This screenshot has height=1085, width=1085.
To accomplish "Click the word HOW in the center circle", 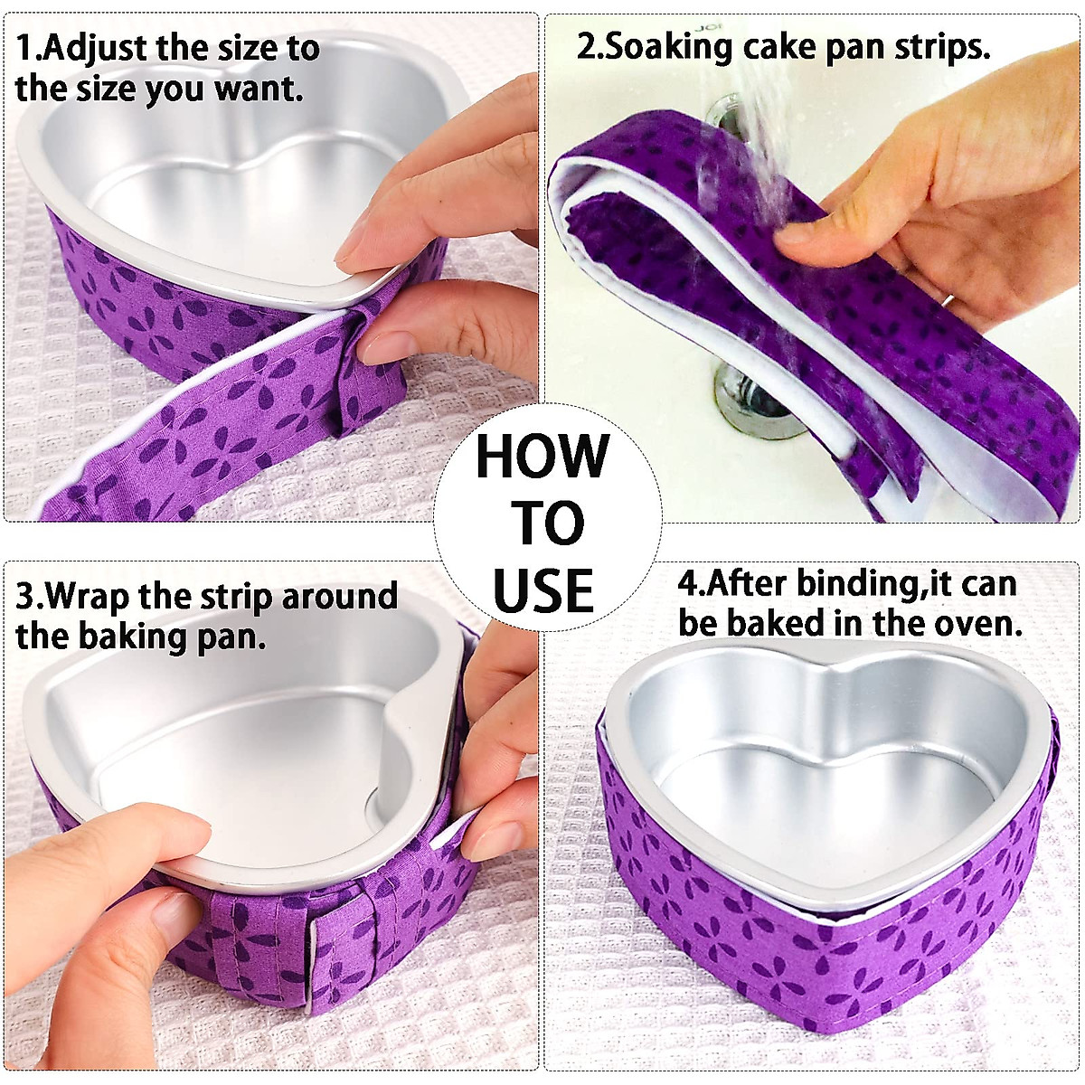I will tap(542, 457).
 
